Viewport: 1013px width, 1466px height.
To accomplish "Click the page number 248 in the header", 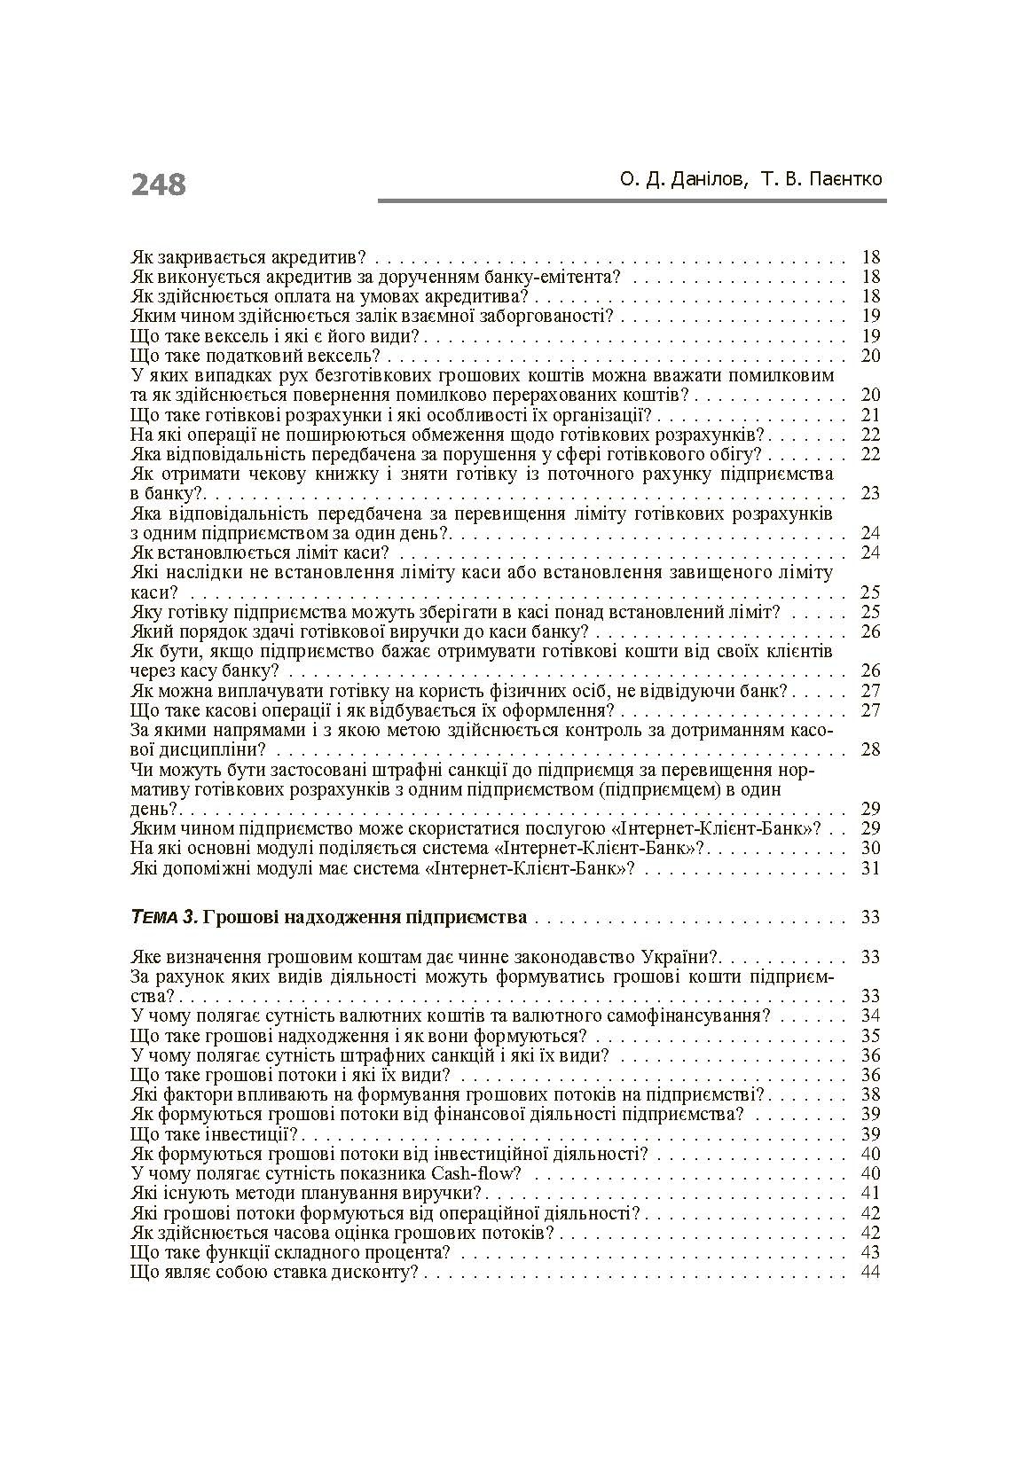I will [159, 184].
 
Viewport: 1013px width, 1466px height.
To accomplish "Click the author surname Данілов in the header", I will [702, 179].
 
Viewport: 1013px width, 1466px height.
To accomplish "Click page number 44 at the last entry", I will [870, 1272].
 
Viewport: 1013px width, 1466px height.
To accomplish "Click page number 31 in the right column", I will [870, 868].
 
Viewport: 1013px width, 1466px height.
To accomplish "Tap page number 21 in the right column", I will [870, 415].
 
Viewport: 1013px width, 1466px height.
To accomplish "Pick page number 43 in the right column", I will [870, 1252].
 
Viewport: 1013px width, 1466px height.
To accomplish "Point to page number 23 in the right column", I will [870, 493].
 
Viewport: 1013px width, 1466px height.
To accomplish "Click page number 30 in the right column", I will [870, 848].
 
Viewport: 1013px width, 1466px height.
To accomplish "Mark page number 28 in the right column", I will [870, 749].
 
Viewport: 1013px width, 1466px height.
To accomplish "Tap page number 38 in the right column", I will [870, 1094].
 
